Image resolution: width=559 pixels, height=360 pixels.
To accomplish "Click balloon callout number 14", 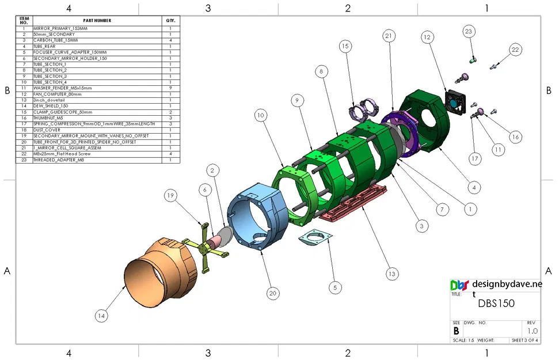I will (x=102, y=315).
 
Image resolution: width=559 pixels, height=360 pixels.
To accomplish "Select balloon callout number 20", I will (x=273, y=293).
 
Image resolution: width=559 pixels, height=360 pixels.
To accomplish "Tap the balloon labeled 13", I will (x=391, y=274).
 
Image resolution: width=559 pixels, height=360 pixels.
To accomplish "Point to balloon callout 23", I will (x=469, y=31).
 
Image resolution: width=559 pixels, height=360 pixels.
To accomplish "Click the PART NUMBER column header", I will (x=97, y=20).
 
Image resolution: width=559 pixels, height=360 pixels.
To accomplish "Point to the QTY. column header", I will (x=171, y=20).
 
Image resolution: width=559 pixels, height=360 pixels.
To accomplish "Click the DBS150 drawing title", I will (x=496, y=304).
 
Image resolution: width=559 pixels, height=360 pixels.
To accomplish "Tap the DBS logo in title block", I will (x=459, y=285).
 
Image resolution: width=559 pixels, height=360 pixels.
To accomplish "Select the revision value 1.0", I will (x=533, y=331).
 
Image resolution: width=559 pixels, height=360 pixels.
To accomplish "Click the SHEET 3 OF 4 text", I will (x=525, y=340).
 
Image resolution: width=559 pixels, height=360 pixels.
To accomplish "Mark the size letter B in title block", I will (x=457, y=331).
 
